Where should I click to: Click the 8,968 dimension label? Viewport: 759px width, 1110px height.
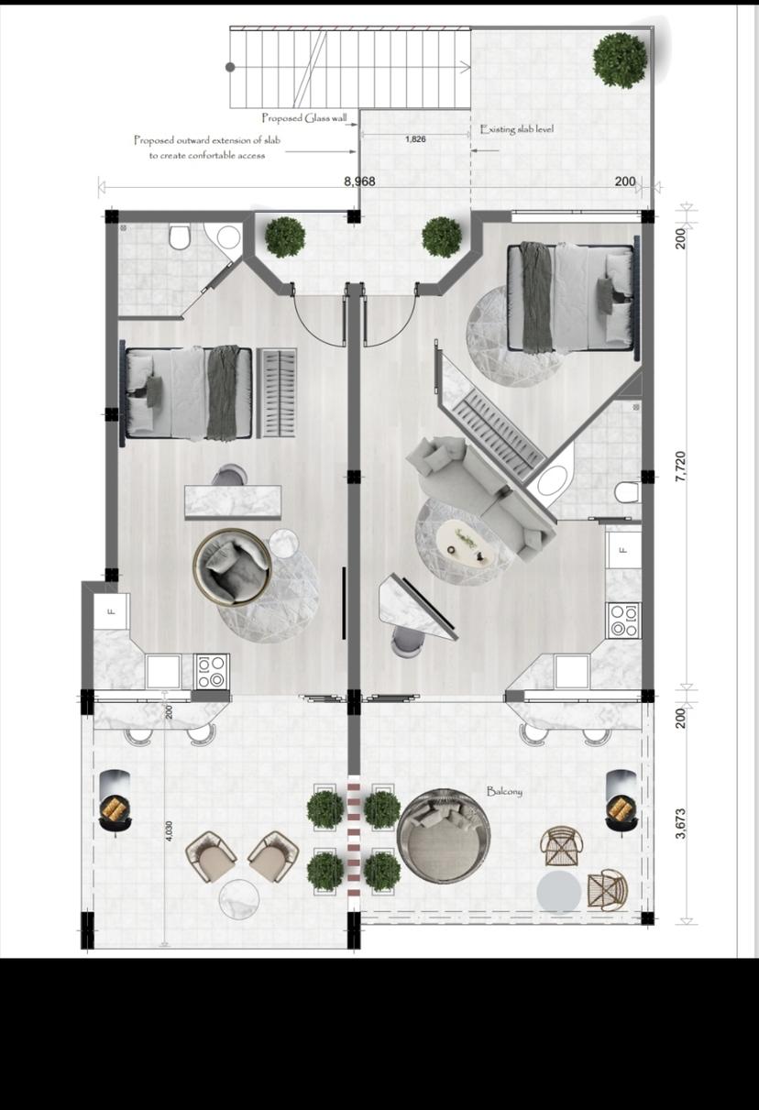tap(359, 181)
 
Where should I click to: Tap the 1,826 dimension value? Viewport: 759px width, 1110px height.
tap(415, 139)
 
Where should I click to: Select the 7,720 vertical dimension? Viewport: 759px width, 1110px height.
tap(681, 467)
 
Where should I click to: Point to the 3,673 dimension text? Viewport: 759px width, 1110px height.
tap(681, 824)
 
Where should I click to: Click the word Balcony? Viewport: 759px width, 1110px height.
tap(504, 791)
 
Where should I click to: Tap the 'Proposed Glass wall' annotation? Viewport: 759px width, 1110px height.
tap(304, 118)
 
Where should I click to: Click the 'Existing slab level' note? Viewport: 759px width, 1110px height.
tap(517, 129)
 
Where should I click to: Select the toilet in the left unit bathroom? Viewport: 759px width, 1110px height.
tap(179, 236)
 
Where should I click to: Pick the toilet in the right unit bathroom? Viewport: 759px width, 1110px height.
tap(627, 492)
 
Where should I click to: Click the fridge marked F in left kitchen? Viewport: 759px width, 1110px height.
tap(112, 611)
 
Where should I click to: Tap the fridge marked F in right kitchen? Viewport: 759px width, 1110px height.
tap(623, 550)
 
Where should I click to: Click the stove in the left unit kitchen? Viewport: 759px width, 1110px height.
tap(213, 672)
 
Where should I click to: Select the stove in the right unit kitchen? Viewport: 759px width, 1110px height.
tap(624, 621)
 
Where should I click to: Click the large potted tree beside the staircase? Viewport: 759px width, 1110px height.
tap(621, 60)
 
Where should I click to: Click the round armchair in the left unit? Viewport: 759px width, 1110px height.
tap(232, 566)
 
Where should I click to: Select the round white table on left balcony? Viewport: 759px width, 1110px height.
tap(240, 901)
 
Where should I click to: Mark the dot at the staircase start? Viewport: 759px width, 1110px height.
tap(230, 67)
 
